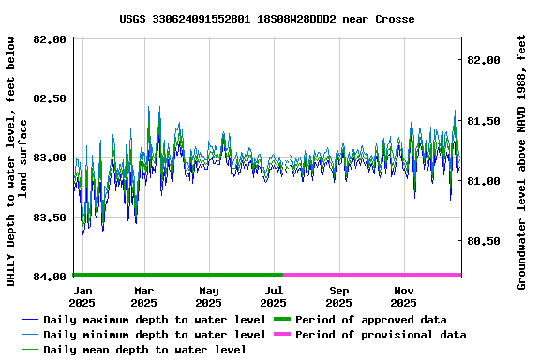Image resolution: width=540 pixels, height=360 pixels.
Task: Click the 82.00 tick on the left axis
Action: tap(49, 39)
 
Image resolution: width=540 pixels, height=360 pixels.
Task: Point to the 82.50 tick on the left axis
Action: tap(49, 98)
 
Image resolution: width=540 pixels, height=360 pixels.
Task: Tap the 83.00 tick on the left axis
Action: tap(49, 157)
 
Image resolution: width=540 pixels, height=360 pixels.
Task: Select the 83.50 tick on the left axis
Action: tap(49, 217)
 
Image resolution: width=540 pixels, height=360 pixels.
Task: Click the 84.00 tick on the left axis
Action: tap(49, 276)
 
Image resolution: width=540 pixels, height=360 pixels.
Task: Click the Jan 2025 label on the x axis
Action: tap(82, 296)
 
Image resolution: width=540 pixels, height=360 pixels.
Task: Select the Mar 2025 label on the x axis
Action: tap(143, 296)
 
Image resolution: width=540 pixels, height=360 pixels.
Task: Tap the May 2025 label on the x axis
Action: tap(208, 296)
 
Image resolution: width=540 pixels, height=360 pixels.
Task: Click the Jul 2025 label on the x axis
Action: tap(273, 296)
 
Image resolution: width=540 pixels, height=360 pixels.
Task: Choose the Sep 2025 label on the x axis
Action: tap(338, 296)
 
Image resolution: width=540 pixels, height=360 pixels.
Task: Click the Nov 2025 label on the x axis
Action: tap(403, 296)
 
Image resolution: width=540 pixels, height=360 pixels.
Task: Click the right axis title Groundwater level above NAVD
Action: tap(522, 161)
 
